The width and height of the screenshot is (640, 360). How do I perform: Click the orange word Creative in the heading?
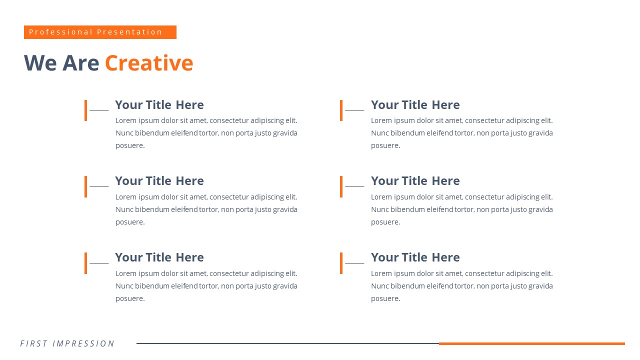(149, 63)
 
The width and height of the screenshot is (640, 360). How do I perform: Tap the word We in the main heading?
(40, 63)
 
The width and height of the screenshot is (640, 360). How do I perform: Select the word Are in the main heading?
(80, 63)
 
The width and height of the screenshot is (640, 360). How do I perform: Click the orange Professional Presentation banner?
(100, 32)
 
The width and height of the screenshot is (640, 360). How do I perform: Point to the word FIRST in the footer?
(33, 343)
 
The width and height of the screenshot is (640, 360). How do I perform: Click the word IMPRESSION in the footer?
(83, 343)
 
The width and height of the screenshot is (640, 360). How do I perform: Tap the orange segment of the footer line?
(531, 343)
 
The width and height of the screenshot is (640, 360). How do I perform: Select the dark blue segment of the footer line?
(287, 343)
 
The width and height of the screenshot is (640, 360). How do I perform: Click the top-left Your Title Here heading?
(159, 105)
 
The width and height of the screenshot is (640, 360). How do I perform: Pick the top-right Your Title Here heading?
(415, 105)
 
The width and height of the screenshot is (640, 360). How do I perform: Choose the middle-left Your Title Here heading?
(159, 181)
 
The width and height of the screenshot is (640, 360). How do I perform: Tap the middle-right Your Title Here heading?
(415, 181)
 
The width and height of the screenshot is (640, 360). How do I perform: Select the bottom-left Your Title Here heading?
(159, 257)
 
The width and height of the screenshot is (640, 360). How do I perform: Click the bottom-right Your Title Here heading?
(415, 257)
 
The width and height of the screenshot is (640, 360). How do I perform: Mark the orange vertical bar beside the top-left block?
(85, 110)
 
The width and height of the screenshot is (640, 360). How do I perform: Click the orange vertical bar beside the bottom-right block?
(341, 263)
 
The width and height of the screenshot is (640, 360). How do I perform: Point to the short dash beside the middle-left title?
(99, 186)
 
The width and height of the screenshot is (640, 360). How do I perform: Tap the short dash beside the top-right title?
(354, 110)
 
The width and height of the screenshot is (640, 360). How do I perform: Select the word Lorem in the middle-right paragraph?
(381, 197)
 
